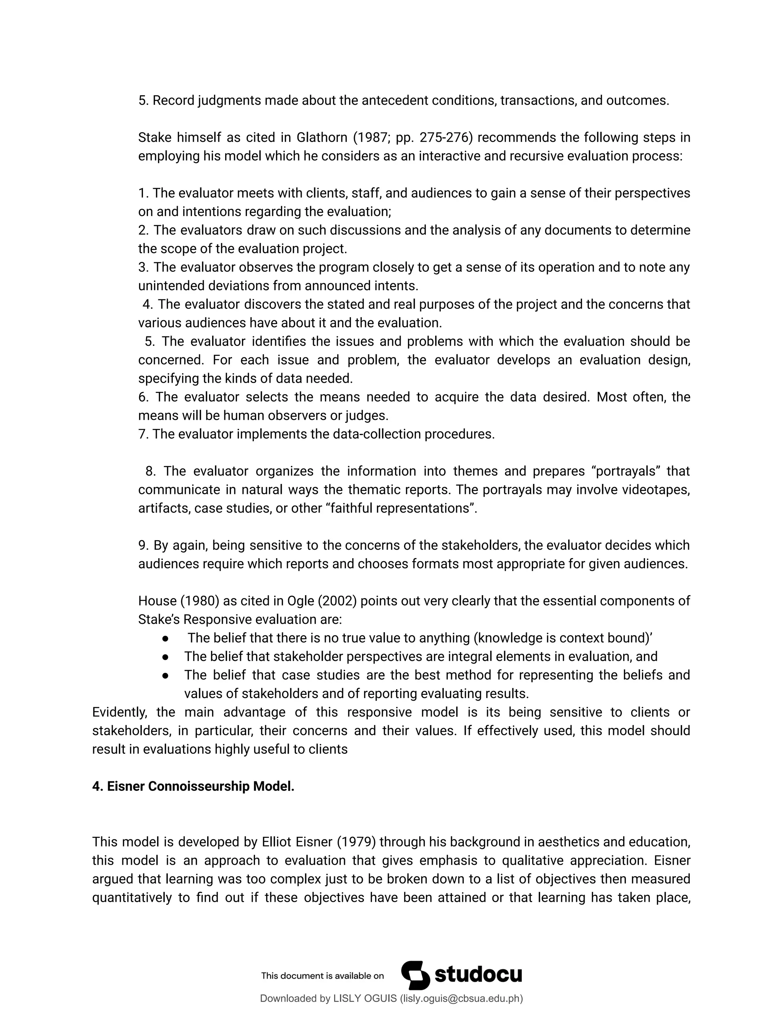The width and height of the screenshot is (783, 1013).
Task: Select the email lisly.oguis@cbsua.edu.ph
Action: pyautogui.click(x=461, y=998)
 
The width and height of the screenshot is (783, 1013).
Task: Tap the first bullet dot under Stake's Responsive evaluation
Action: pyautogui.click(x=165, y=638)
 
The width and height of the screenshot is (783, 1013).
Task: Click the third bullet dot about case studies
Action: pyautogui.click(x=165, y=675)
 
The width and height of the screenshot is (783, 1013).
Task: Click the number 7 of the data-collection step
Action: pyautogui.click(x=142, y=434)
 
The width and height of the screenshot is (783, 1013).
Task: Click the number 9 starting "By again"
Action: pyautogui.click(x=142, y=545)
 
